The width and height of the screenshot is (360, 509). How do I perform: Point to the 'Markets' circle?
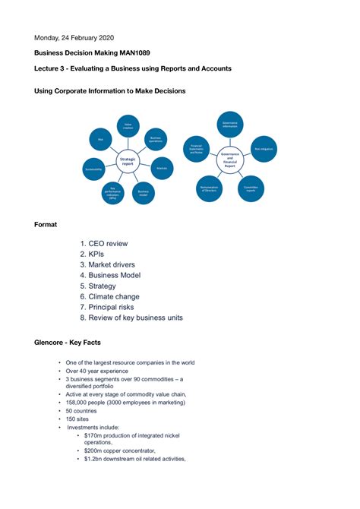coord(162,168)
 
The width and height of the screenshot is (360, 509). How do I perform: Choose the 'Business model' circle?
coord(142,193)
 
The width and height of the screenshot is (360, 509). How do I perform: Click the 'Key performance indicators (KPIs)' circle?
coord(112,193)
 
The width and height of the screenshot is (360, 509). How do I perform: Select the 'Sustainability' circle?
coord(93,168)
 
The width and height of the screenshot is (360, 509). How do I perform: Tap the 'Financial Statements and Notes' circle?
coord(196,147)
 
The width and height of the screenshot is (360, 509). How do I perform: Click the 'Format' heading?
coord(46,224)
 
